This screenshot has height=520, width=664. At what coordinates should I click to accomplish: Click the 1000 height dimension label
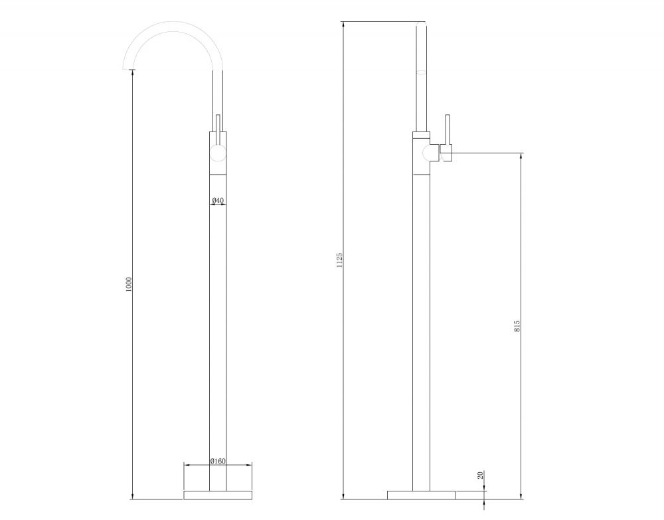pyautogui.click(x=129, y=284)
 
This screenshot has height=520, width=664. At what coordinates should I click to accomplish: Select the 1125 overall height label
pyautogui.click(x=339, y=260)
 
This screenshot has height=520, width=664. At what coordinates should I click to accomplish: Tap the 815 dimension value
pyautogui.click(x=517, y=325)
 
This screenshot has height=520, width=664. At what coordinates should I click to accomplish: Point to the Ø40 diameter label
pyautogui.click(x=218, y=200)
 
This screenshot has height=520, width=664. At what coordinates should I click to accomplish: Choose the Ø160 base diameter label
pyautogui.click(x=218, y=461)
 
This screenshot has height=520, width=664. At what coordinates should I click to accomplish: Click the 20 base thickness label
pyautogui.click(x=480, y=476)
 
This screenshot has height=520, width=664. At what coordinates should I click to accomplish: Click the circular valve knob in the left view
pyautogui.click(x=218, y=153)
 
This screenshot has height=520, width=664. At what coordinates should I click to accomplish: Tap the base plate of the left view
pyautogui.click(x=218, y=495)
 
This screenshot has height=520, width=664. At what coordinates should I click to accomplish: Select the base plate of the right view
pyautogui.click(x=422, y=495)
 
